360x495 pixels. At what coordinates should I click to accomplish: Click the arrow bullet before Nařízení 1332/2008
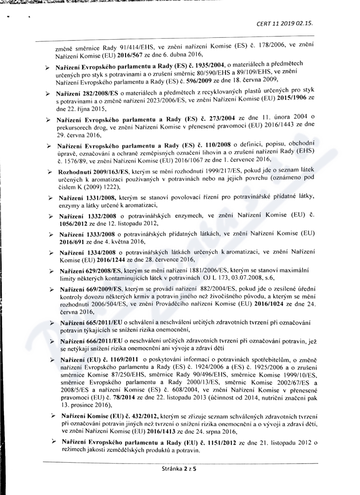[50, 216]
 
